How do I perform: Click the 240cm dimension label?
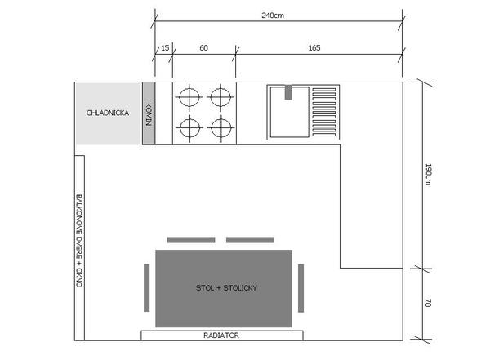[x=273, y=16]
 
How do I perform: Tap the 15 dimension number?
[x=165, y=48]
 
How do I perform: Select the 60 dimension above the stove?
[x=203, y=48]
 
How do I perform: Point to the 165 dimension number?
[x=314, y=48]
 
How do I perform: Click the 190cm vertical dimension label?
[x=428, y=174]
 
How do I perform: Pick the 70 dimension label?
[x=428, y=303]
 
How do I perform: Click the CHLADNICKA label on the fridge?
[x=108, y=113]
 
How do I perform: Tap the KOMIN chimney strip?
[x=149, y=113]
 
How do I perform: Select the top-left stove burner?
[x=189, y=97]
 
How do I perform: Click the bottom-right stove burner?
[x=221, y=127]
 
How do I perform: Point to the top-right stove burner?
[x=220, y=97]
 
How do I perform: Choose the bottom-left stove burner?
[x=189, y=127]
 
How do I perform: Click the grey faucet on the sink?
[x=288, y=92]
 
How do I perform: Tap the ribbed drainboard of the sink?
[x=324, y=112]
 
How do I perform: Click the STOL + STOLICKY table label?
[x=226, y=288]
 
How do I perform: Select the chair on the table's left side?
[x=146, y=287]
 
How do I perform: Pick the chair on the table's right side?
[x=301, y=288]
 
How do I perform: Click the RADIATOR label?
[x=221, y=336]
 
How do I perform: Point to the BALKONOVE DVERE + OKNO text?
[x=79, y=241]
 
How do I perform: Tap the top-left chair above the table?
[x=191, y=240]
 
